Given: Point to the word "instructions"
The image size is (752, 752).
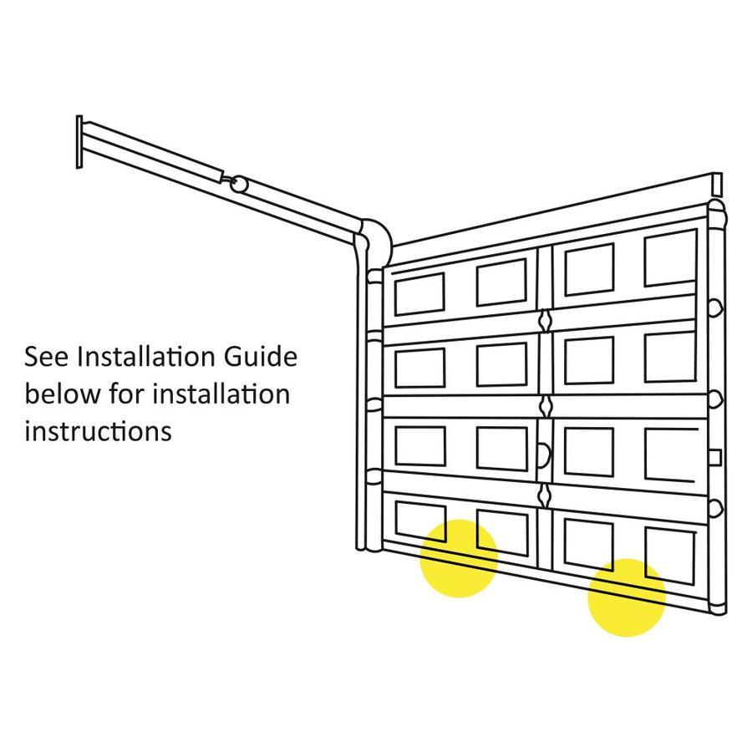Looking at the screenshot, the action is (x=98, y=430).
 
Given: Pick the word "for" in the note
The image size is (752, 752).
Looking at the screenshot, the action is (x=127, y=394).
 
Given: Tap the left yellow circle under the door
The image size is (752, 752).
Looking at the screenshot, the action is (x=459, y=559).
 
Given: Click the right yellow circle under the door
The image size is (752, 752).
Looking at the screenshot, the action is (x=627, y=597).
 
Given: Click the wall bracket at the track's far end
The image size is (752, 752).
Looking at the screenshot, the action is (x=79, y=142).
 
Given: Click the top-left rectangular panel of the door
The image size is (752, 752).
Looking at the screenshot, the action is (x=419, y=294).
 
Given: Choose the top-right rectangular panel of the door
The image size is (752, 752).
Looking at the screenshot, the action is (x=670, y=258).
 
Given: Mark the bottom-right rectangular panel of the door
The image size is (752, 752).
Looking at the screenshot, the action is (x=670, y=556).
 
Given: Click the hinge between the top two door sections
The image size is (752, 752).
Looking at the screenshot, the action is (x=546, y=320).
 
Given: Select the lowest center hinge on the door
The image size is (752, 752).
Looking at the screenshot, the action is (x=545, y=495).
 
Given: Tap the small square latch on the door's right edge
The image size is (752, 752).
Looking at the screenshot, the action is (x=714, y=458).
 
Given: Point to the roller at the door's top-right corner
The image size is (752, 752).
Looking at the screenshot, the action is (x=717, y=215).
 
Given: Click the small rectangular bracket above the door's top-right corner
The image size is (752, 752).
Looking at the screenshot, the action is (x=716, y=184).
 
